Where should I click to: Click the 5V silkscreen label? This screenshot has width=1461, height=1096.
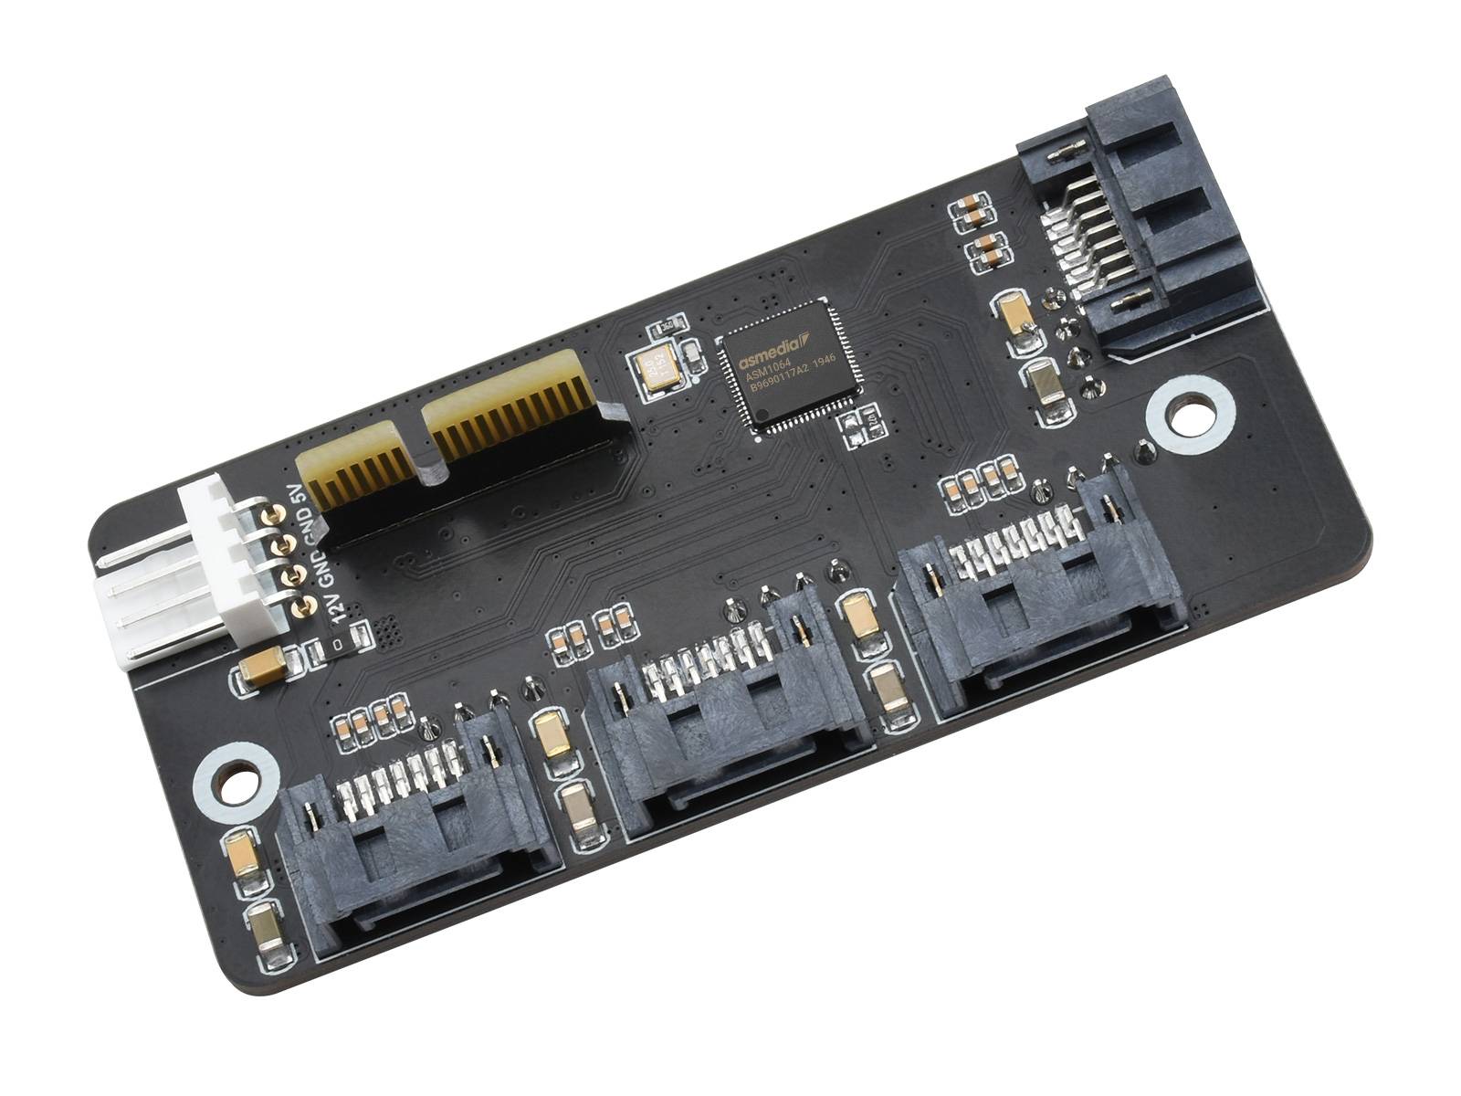293,496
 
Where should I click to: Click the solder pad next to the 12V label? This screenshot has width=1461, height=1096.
302,606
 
